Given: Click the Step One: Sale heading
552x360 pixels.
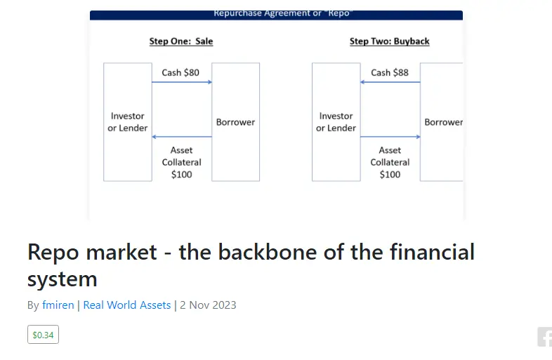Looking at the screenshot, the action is pos(181,41).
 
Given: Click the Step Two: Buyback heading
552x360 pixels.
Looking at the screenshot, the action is pos(389,41).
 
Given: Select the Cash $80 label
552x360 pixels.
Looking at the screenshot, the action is pos(180,72).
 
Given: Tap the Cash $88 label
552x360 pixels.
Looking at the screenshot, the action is pos(389,72).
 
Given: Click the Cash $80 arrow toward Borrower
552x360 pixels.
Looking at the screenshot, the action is pos(182,82).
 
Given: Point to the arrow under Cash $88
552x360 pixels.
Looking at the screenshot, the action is pos(390,82).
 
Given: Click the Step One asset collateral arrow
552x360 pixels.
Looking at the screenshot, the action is pos(182,137).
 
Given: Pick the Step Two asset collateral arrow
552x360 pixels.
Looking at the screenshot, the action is pos(390,137).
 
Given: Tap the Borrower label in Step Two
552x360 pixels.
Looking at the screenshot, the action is pos(443,122).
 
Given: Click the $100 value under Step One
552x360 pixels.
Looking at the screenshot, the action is pos(181,175).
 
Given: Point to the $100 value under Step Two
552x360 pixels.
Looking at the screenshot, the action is pos(390,175).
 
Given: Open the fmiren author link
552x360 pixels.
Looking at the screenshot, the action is pos(58,305).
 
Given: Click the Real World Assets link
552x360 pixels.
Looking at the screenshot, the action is pos(126,305).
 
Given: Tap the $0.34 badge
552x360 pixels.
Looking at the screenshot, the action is pos(43,335).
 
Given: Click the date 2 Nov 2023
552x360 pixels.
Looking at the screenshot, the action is pos(208,305).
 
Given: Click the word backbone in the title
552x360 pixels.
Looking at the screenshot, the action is pos(248,252).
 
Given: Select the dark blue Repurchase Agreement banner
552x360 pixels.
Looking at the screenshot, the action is pos(276,15).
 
